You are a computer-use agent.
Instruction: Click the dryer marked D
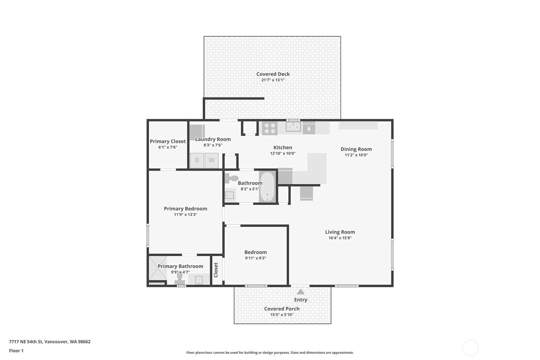(197, 160)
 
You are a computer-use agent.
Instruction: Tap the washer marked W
(212, 160)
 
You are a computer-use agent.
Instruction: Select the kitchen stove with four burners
(270, 128)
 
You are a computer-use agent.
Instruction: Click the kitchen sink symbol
(293, 127)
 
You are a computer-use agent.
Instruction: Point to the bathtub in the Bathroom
(267, 187)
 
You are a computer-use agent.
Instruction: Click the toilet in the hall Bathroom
(231, 179)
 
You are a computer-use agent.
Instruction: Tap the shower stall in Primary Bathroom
(158, 268)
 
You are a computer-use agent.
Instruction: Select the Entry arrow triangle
(300, 292)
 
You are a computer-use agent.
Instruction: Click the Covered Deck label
(273, 74)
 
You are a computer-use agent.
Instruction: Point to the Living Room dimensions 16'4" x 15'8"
(340, 238)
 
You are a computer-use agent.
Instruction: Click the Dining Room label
(356, 149)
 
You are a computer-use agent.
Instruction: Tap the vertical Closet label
(216, 270)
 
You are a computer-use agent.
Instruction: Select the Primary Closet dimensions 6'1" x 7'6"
(168, 147)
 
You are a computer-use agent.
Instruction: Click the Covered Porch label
(282, 309)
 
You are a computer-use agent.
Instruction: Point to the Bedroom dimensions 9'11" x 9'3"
(256, 258)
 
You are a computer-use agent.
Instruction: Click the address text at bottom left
(50, 342)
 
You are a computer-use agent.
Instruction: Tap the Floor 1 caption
(17, 351)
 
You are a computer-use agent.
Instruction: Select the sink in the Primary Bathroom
(199, 280)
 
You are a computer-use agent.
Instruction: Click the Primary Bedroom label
(186, 209)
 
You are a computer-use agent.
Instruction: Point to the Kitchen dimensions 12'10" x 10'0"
(283, 153)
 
